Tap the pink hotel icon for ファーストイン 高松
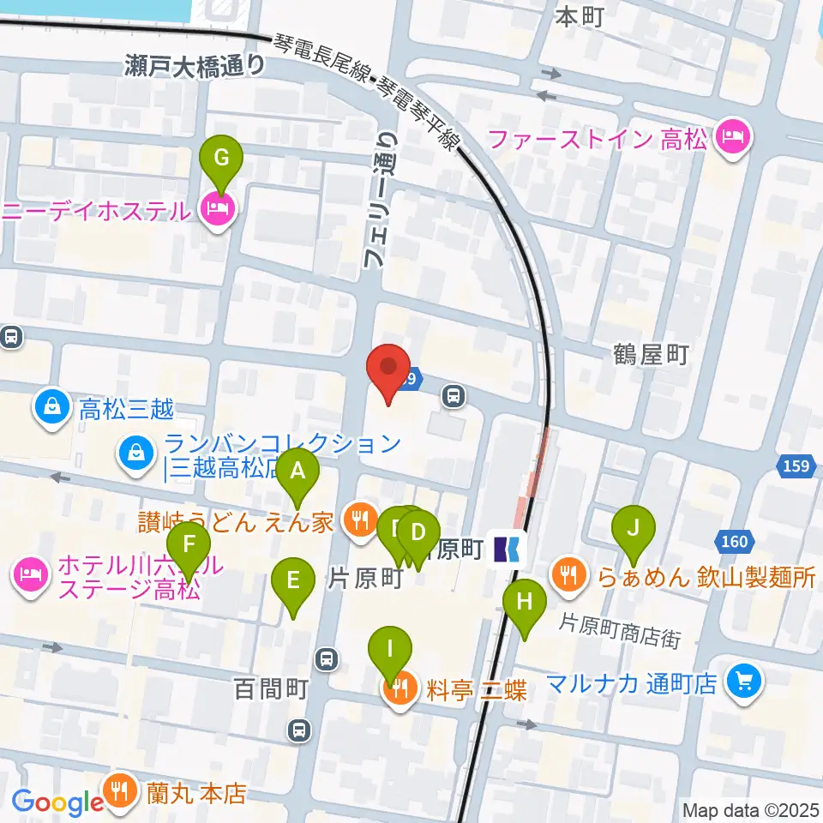click(735, 135)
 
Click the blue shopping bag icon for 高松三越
click(54, 406)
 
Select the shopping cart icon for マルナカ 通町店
click(742, 682)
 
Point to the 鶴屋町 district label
click(651, 354)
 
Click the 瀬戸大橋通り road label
click(196, 65)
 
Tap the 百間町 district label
click(270, 688)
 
